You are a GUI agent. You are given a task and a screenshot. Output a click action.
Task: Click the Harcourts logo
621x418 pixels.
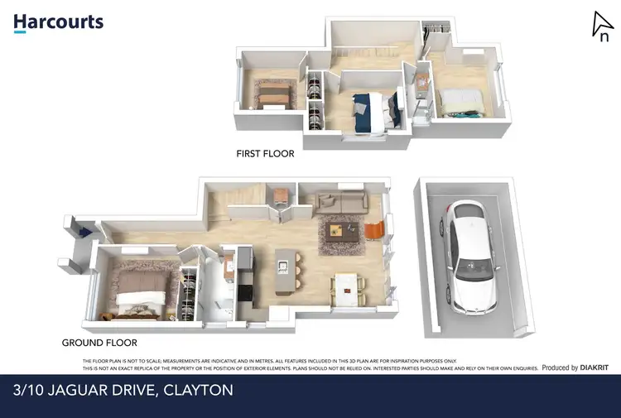coord(58,22)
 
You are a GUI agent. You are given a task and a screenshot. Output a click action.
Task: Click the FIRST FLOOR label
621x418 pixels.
coord(265,153)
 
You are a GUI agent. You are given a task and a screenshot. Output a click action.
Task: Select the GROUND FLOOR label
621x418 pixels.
coord(99,342)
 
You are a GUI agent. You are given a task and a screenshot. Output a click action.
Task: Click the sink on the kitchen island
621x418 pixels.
coord(283,267)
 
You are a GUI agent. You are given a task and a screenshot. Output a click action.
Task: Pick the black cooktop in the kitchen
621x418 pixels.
coord(245,291)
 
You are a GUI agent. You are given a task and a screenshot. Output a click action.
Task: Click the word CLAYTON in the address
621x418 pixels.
coord(198,390)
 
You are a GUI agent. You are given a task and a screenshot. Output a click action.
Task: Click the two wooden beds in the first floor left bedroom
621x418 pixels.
coord(272,93)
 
